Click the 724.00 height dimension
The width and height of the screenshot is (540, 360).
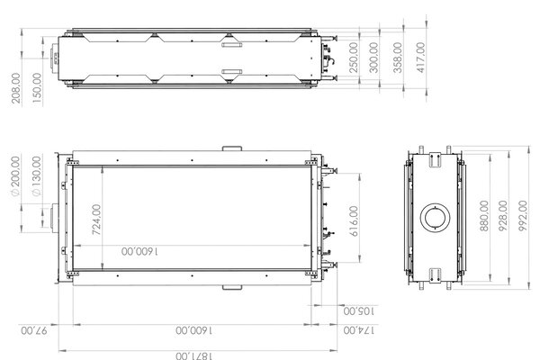(x=96, y=220)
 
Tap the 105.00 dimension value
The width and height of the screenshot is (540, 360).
(x=358, y=310)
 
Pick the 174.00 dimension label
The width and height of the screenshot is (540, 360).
(x=358, y=332)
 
